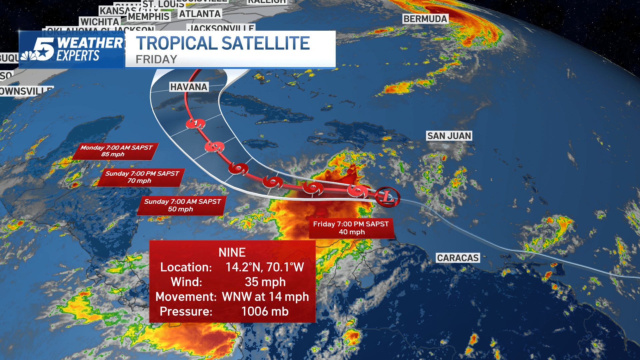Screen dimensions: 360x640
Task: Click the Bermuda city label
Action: click(425, 19)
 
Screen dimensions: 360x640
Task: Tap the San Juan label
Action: click(449, 136)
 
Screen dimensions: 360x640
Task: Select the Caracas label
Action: click(458, 258)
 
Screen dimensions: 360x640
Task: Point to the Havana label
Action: click(189, 87)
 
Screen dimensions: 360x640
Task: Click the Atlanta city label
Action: click(200, 14)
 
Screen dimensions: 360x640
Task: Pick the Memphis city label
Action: click(149, 17)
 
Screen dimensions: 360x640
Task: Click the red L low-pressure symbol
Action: click(387, 197)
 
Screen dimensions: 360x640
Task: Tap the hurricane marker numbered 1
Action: click(195, 124)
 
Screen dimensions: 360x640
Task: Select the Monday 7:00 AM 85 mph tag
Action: click(116, 151)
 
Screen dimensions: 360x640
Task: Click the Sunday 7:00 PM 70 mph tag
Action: click(141, 177)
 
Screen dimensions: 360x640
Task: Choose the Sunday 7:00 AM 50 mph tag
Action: click(182, 205)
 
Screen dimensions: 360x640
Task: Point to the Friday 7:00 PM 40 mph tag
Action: click(351, 228)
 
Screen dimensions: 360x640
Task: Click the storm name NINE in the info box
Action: click(232, 253)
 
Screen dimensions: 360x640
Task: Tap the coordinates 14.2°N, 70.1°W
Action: click(265, 267)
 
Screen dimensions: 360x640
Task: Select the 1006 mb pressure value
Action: click(265, 312)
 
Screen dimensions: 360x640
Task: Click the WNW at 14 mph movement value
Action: click(265, 297)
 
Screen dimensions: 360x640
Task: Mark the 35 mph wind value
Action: click(265, 282)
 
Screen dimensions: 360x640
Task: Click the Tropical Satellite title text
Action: click(223, 43)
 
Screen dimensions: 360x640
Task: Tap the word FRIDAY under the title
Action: click(156, 59)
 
